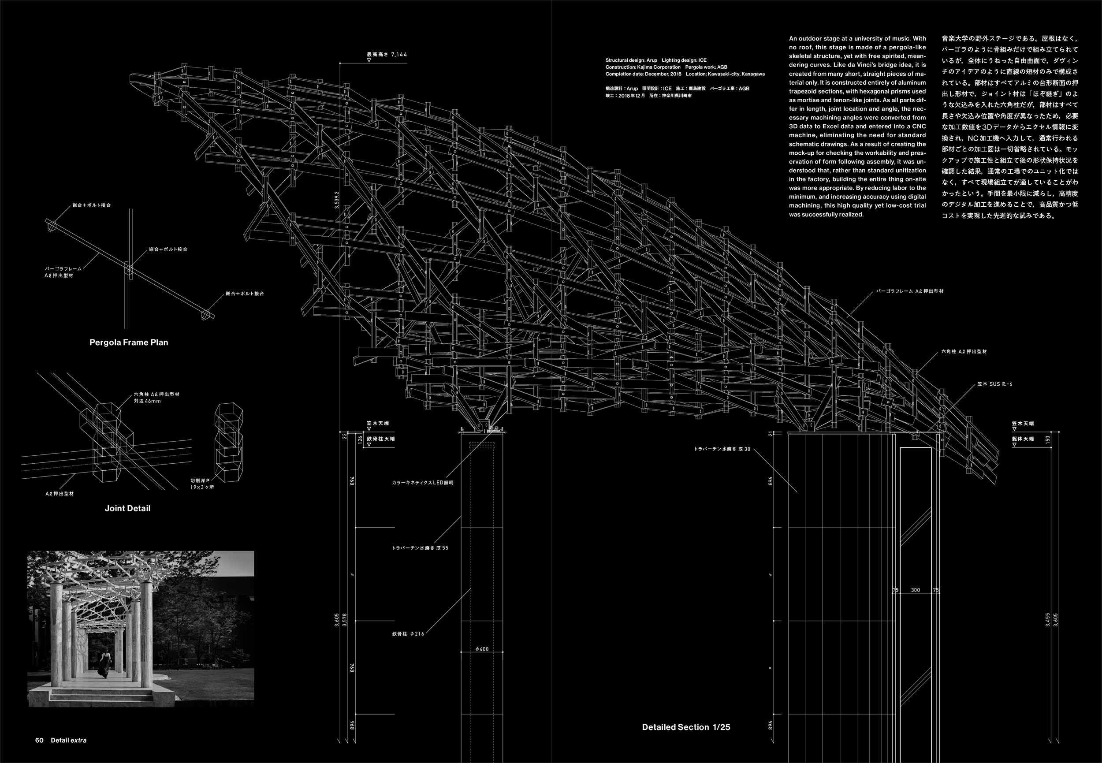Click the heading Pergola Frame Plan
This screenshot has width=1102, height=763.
tap(129, 342)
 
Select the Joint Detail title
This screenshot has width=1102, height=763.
tap(127, 508)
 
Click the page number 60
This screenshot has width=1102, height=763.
tap(39, 740)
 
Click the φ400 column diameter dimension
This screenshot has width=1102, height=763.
tap(482, 649)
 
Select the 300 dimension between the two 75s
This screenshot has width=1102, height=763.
tap(915, 590)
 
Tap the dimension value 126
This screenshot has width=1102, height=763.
tap(360, 439)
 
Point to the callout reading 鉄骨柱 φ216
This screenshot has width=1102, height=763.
tap(408, 634)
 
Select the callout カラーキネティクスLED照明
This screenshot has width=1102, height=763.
tap(422, 482)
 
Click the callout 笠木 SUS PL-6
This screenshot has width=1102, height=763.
tap(994, 384)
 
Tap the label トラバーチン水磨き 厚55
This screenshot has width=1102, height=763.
tap(420, 548)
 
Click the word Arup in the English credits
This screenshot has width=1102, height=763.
tap(652, 61)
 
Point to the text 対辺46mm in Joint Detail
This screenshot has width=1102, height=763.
tap(147, 401)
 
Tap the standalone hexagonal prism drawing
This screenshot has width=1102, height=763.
tap(228, 442)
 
